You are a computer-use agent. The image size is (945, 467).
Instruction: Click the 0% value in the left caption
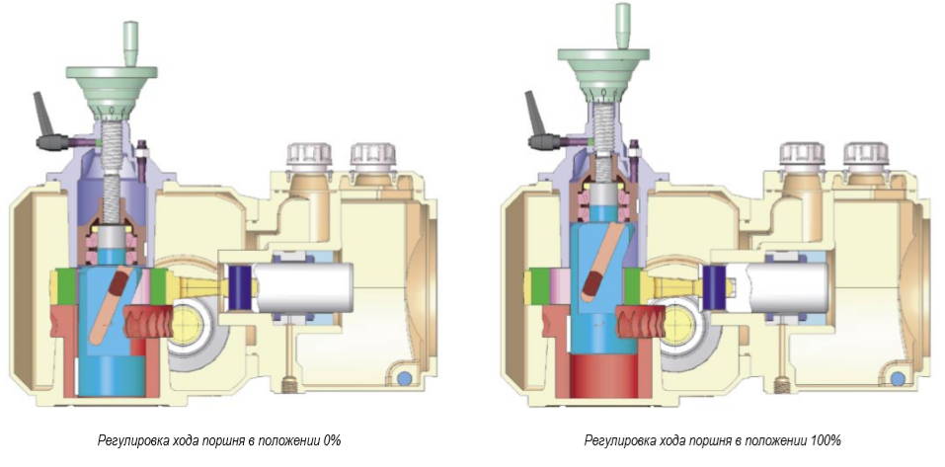point(333,439)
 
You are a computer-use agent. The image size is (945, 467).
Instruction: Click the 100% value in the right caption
point(826,439)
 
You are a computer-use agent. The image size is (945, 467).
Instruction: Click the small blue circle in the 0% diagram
point(403,378)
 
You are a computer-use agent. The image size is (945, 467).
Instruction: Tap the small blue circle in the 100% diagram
point(896,378)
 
